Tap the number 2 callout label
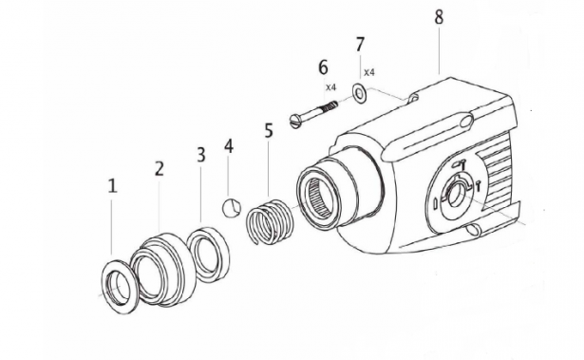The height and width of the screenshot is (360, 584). (x=160, y=169)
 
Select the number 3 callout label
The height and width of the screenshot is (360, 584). (x=200, y=155)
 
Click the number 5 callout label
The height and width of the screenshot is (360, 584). (x=269, y=130)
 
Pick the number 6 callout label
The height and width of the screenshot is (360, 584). (x=323, y=67)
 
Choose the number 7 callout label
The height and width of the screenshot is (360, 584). (x=359, y=45)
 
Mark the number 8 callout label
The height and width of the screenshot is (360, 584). (x=438, y=18)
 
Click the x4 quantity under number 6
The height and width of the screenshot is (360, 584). (x=330, y=87)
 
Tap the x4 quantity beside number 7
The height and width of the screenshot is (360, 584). (x=368, y=72)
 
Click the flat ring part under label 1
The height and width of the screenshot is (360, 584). (x=122, y=283)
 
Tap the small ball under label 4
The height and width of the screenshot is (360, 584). (x=231, y=207)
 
